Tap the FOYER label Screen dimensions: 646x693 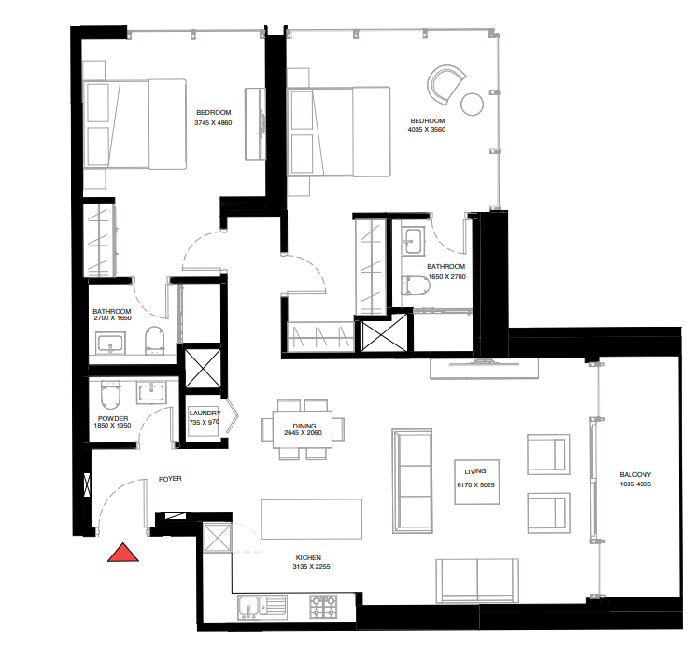tap(169, 479)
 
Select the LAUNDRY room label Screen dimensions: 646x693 tap(205, 413)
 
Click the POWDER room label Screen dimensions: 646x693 tap(112, 417)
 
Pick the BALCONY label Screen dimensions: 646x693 tap(635, 474)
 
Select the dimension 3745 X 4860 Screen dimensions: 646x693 tap(213, 123)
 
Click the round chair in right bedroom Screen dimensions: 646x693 tap(445, 84)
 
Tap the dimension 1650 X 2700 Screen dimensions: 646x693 tap(446, 277)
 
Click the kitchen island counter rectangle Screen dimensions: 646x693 tap(311, 519)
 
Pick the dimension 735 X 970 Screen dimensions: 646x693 tap(205, 423)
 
